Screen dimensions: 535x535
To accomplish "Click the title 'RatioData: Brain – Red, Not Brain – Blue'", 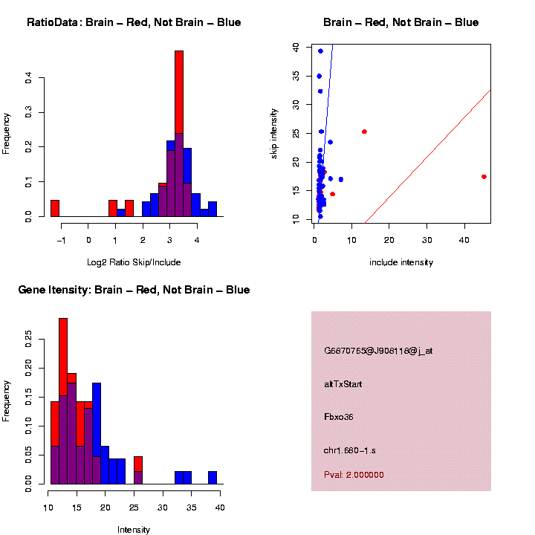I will [134, 22].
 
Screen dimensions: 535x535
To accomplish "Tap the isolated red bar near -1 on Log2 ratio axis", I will [55, 208].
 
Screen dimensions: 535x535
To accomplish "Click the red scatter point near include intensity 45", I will [484, 177].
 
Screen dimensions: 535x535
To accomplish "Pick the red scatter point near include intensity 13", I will [364, 132].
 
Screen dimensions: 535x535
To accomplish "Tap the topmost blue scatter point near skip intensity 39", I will [320, 51].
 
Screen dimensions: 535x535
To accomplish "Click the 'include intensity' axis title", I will [401, 262].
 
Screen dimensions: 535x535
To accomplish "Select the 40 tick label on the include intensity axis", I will [464, 240].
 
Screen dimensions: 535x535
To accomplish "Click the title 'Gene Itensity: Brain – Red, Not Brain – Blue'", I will [134, 290].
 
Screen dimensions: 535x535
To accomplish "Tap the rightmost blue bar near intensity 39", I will [213, 478].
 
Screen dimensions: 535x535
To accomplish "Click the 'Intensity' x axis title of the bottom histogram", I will [134, 530].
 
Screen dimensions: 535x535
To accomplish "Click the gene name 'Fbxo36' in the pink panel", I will [339, 417].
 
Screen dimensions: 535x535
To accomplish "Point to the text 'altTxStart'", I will [343, 384].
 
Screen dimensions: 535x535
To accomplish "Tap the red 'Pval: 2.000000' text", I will [354, 475].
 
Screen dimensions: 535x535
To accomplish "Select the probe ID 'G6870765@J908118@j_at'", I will [378, 351].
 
